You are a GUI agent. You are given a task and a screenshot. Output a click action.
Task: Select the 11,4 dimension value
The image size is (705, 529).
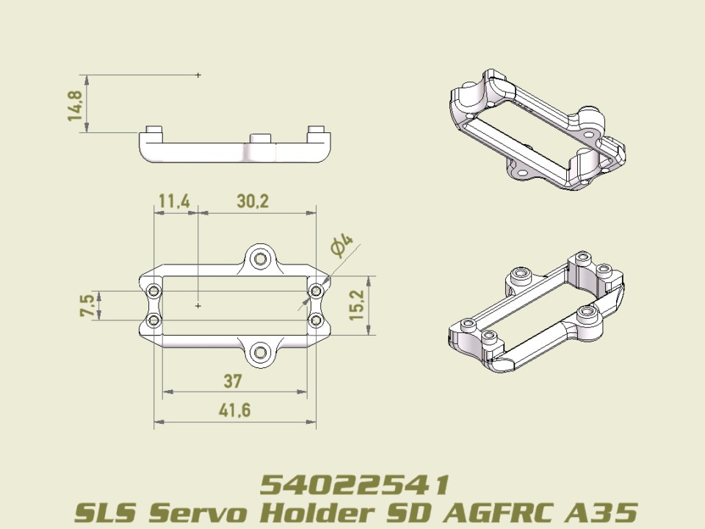[x=174, y=201]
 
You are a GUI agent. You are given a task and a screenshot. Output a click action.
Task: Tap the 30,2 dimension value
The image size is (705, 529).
[x=252, y=201]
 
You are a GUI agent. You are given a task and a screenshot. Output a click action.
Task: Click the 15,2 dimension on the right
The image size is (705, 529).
[x=358, y=303]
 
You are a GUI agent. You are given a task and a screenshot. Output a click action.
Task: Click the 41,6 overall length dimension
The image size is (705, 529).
[x=234, y=410]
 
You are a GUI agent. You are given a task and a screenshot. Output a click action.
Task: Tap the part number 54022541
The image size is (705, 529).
[x=355, y=485]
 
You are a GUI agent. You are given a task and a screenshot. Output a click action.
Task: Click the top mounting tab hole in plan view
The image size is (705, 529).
[x=259, y=259]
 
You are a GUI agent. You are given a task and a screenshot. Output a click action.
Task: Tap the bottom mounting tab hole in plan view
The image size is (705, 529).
[x=259, y=353]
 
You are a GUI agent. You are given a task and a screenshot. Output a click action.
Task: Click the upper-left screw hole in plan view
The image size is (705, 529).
[x=154, y=292]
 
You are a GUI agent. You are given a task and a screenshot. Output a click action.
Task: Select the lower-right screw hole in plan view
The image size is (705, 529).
[x=316, y=320]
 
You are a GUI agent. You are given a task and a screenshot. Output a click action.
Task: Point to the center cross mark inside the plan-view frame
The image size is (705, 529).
[x=199, y=304]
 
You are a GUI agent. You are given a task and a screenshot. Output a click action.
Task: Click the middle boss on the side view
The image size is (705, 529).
[x=261, y=138]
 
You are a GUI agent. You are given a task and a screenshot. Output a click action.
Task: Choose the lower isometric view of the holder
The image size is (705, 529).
[x=536, y=312]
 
